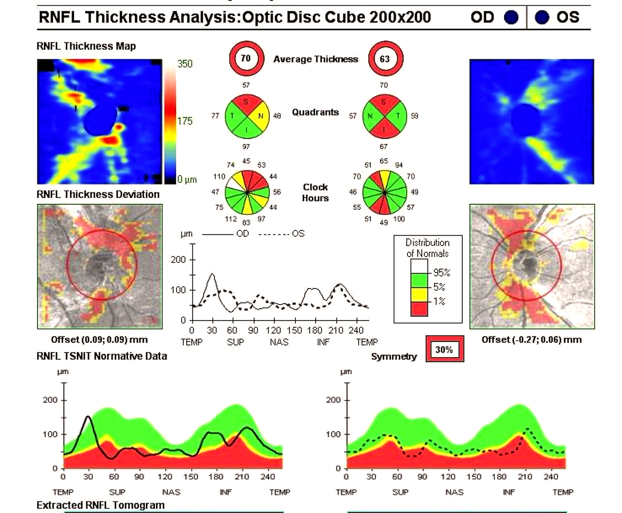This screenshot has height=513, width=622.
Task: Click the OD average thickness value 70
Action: point(246,58)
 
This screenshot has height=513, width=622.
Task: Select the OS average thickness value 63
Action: point(385,59)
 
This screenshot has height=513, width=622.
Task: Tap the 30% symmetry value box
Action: point(444,350)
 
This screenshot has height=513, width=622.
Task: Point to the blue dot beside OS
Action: point(542,17)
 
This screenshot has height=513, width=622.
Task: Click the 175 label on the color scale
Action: point(185,121)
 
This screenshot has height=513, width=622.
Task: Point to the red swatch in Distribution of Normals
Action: point(419,309)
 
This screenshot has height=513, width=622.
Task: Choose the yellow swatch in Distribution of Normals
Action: point(419,295)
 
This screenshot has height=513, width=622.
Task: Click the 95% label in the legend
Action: point(442,272)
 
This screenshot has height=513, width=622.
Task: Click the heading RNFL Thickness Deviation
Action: point(98,194)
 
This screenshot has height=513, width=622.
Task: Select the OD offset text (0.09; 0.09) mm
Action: point(99,340)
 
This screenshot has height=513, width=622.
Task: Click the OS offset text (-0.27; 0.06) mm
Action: point(532,340)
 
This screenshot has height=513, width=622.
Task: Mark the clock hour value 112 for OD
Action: point(231,219)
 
